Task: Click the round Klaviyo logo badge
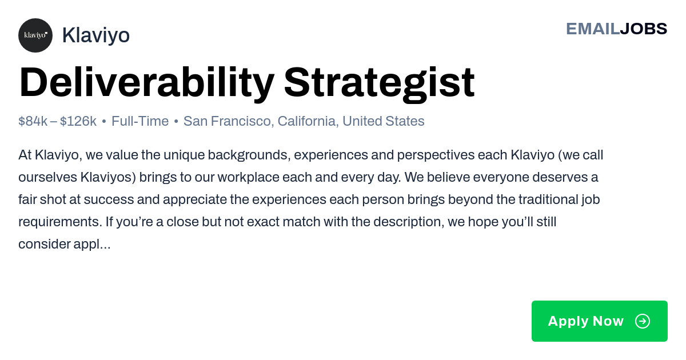35,35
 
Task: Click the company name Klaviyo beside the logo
96,35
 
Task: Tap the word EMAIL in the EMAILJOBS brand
593,29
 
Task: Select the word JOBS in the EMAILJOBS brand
644,29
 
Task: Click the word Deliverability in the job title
146,83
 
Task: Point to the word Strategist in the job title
380,83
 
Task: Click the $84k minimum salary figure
33,121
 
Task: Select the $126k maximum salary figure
78,121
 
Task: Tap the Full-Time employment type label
140,121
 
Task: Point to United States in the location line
384,121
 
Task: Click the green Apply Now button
600,321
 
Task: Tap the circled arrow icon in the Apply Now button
643,321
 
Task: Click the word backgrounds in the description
249,155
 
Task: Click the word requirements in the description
60,222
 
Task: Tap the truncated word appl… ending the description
92,245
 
